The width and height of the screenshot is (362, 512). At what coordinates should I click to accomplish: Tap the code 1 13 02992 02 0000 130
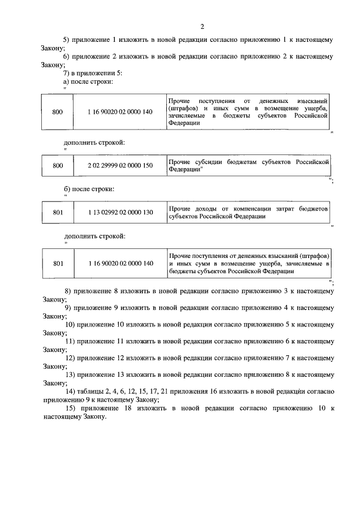[x=120, y=213]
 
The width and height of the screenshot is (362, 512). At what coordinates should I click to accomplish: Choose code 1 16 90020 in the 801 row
[x=120, y=263]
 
